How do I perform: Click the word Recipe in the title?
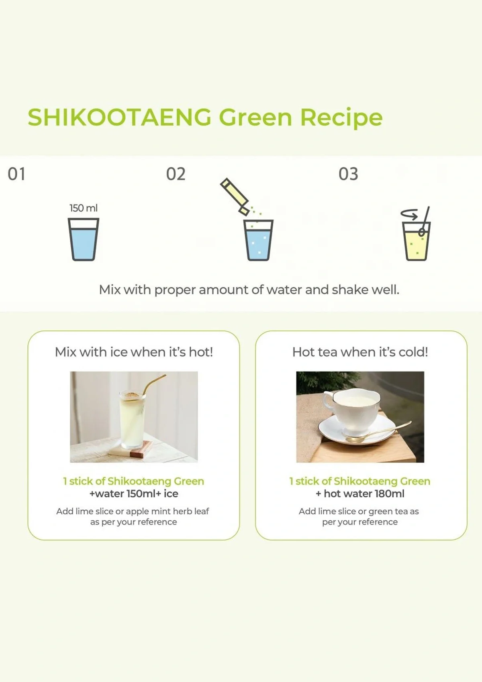(x=341, y=117)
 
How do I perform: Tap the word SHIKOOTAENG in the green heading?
(x=119, y=117)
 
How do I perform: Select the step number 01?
(x=16, y=174)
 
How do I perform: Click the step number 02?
(x=176, y=174)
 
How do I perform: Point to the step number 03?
(x=348, y=174)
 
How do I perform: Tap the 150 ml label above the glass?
(x=83, y=208)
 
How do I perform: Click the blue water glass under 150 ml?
(x=84, y=240)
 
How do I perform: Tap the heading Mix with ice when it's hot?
(x=134, y=352)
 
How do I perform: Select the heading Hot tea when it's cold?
(x=360, y=352)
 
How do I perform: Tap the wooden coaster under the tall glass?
(x=137, y=449)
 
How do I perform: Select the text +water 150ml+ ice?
(x=134, y=494)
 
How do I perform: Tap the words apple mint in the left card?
(x=143, y=511)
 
